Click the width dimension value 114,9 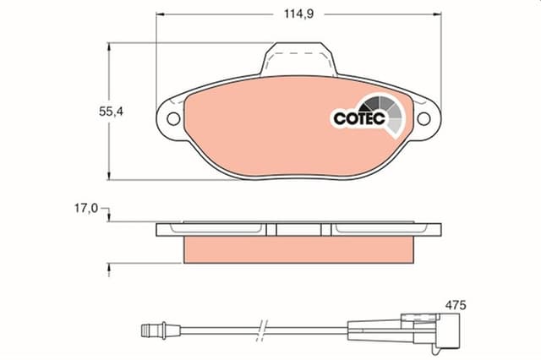[x=298, y=14]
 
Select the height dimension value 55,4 [x=111, y=112]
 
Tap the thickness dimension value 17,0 [x=86, y=208]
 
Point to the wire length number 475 [x=456, y=305]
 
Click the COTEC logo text [x=359, y=118]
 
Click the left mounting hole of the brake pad [x=173, y=119]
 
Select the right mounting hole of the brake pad [x=424, y=119]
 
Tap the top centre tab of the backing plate [x=298, y=58]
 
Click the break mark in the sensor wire [x=263, y=330]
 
